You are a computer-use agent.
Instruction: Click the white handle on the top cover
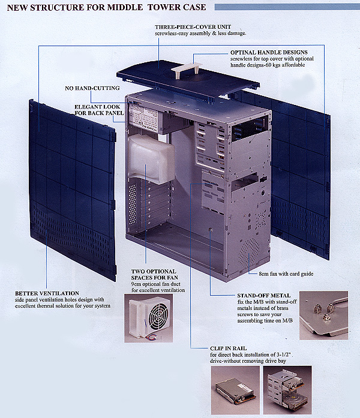pos(187,68)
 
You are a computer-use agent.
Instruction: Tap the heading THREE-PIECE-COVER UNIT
pos(193,27)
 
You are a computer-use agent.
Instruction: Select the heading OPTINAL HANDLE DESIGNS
pos(269,52)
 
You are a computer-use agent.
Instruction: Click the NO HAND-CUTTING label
pos(92,88)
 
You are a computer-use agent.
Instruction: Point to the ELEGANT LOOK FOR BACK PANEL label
pos(99,110)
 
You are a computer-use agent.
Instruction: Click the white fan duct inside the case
pos(151,158)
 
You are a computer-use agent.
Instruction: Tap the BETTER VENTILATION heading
pos(47,293)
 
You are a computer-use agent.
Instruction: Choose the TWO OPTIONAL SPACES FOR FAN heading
pos(154,274)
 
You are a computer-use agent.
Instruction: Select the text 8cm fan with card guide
pos(286,274)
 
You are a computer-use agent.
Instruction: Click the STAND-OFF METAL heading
pos(264,296)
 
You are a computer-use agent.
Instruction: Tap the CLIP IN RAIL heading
pos(228,348)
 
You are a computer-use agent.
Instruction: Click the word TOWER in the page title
pos(164,7)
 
